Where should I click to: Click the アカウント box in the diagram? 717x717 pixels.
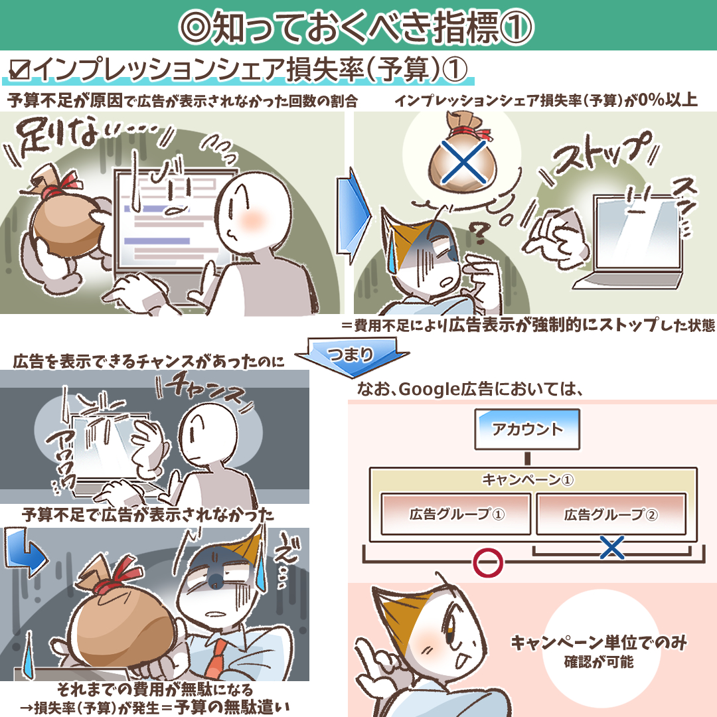point(527,429)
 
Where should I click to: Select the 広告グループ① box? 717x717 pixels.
point(455,514)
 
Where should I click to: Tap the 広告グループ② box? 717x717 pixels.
point(611,514)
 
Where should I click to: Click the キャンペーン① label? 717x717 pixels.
point(528,480)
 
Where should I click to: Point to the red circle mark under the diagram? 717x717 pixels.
point(488,563)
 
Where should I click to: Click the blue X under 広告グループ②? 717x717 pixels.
point(612,547)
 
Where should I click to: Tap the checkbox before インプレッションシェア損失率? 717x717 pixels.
point(19,70)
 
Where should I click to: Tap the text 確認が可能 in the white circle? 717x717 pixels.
point(599,662)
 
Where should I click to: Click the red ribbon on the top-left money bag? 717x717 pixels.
point(62,183)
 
